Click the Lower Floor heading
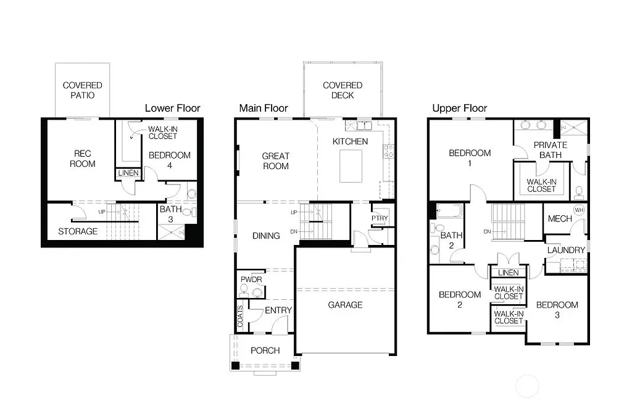pos(172,108)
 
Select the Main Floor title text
pos(264,109)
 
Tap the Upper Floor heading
pos(459,109)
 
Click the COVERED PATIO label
pos(82,90)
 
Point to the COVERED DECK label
pos(343,90)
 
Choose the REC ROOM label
pos(82,159)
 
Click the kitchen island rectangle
pos(351,166)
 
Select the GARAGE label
pos(345,305)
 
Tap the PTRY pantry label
pos(379,218)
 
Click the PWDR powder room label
pos(251,279)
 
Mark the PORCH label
pos(265,350)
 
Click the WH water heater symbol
pos(578,210)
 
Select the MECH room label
pos(560,219)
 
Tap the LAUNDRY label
pos(565,250)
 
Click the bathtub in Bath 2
pos(447,212)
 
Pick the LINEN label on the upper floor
pos(508,273)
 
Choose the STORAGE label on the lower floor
pos(78,231)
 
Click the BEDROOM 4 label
pos(170,160)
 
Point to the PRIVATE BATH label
pos(550,150)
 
